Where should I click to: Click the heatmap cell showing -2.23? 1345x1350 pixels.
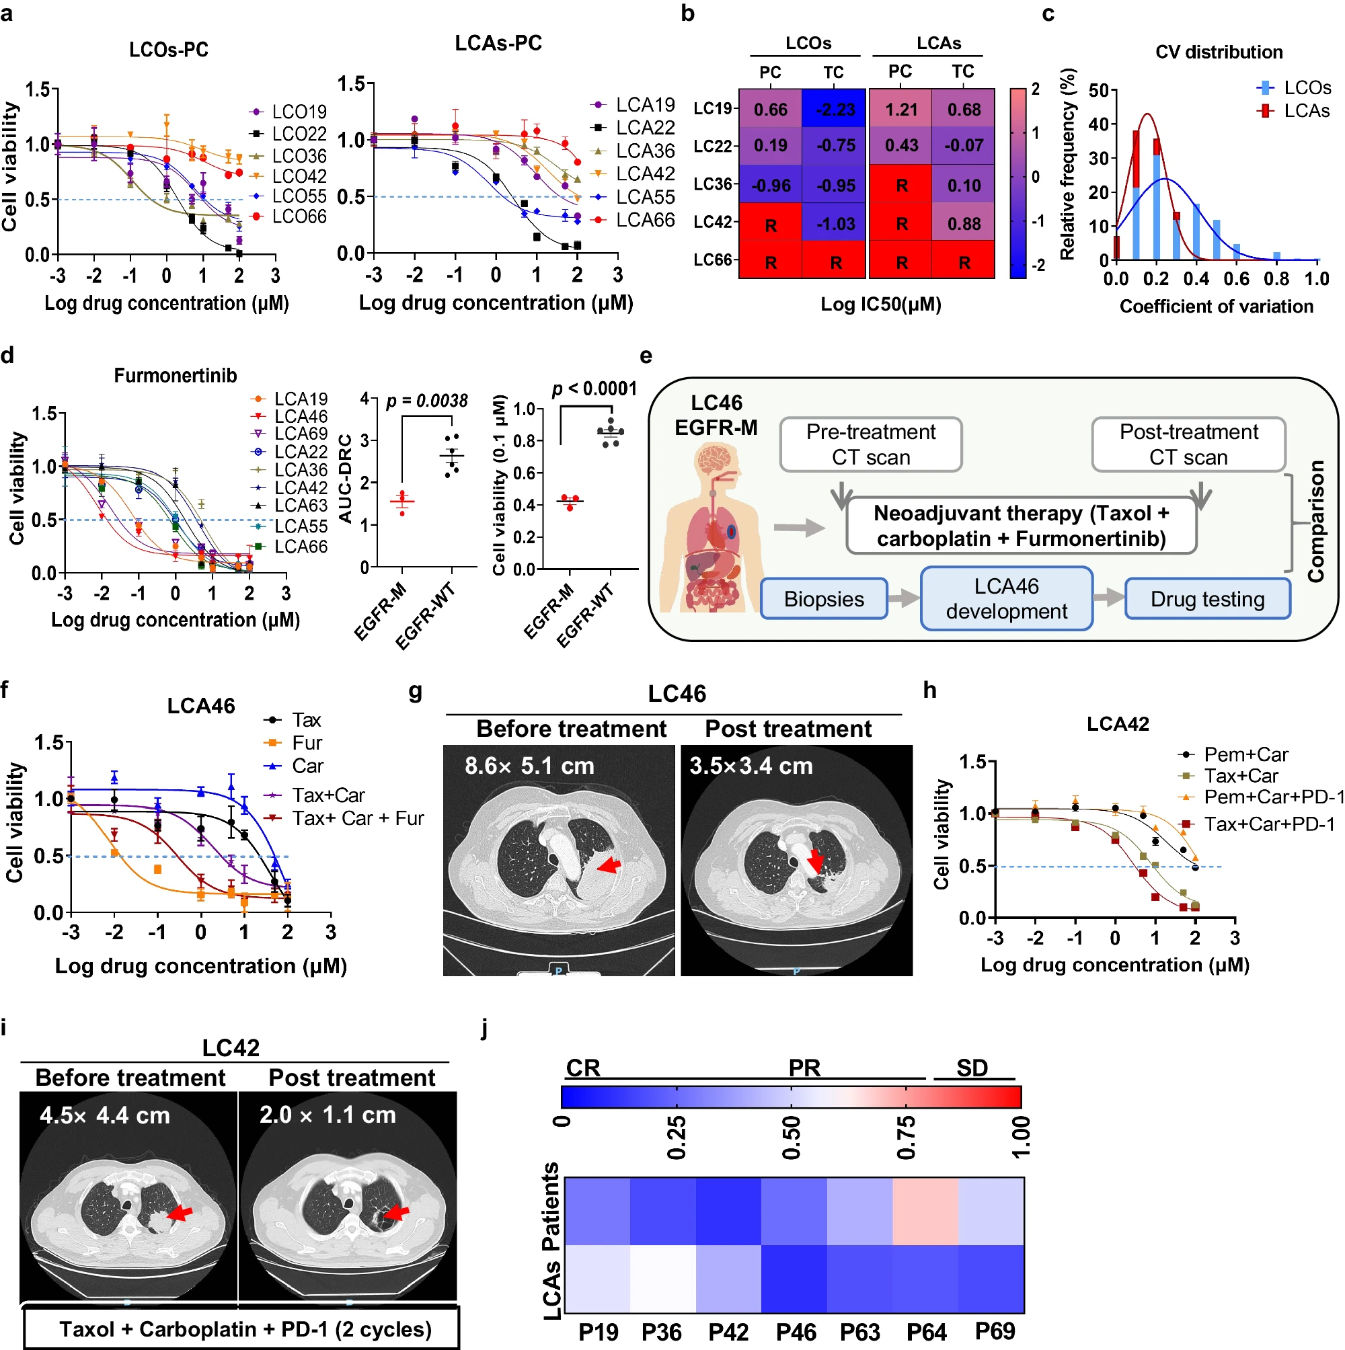pyautogui.click(x=834, y=110)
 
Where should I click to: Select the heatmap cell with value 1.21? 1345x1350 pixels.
pyautogui.click(x=900, y=110)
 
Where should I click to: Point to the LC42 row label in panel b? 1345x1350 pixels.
pyautogui.click(x=712, y=223)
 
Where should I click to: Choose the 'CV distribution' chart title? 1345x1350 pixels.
pyautogui.click(x=1219, y=52)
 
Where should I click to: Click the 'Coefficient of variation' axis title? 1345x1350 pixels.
pyautogui.click(x=1216, y=307)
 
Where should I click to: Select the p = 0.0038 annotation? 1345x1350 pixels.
pyautogui.click(x=426, y=401)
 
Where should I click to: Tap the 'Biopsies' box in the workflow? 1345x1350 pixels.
pyautogui.click(x=824, y=599)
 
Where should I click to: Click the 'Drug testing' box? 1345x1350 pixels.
pyautogui.click(x=1206, y=599)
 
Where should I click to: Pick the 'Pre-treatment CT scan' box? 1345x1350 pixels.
pyautogui.click(x=870, y=444)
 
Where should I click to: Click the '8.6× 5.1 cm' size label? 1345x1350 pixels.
pyautogui.click(x=529, y=766)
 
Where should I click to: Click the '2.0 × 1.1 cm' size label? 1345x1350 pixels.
pyautogui.click(x=327, y=1115)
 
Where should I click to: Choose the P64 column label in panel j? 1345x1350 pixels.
pyautogui.click(x=926, y=1332)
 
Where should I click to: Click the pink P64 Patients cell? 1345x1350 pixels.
pyautogui.click(x=925, y=1211)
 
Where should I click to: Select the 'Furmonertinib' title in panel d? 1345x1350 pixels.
pyautogui.click(x=176, y=376)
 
